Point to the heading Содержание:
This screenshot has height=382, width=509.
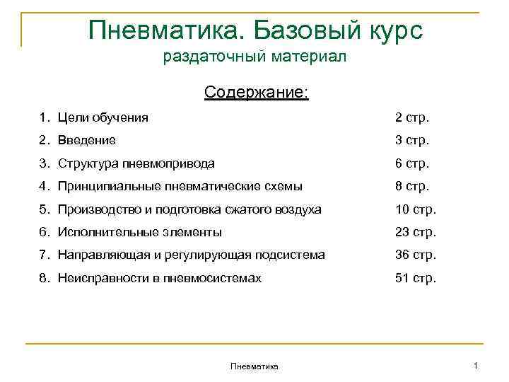256,93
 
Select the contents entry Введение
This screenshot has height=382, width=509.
87,141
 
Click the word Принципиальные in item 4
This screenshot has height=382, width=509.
103,186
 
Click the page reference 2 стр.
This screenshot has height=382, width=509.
411,117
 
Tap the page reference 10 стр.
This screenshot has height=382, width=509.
415,209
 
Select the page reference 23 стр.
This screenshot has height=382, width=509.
415,232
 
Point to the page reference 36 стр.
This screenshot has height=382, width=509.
415,255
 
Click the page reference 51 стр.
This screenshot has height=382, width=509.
415,278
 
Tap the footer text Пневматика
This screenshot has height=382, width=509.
255,366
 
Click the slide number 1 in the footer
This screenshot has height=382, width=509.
476,365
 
